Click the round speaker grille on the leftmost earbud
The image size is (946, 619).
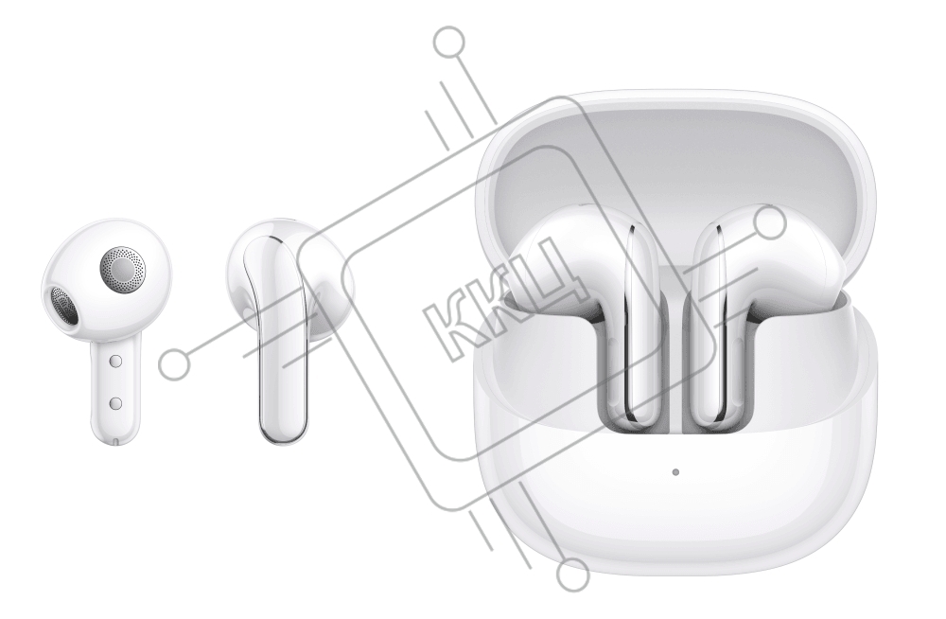[123, 266]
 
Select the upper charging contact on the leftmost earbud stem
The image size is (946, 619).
[116, 362]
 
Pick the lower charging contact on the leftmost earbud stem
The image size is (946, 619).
[116, 403]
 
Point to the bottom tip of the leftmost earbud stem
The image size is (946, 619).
[115, 443]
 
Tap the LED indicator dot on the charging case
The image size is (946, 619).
[675, 471]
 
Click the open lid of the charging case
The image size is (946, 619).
[674, 157]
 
